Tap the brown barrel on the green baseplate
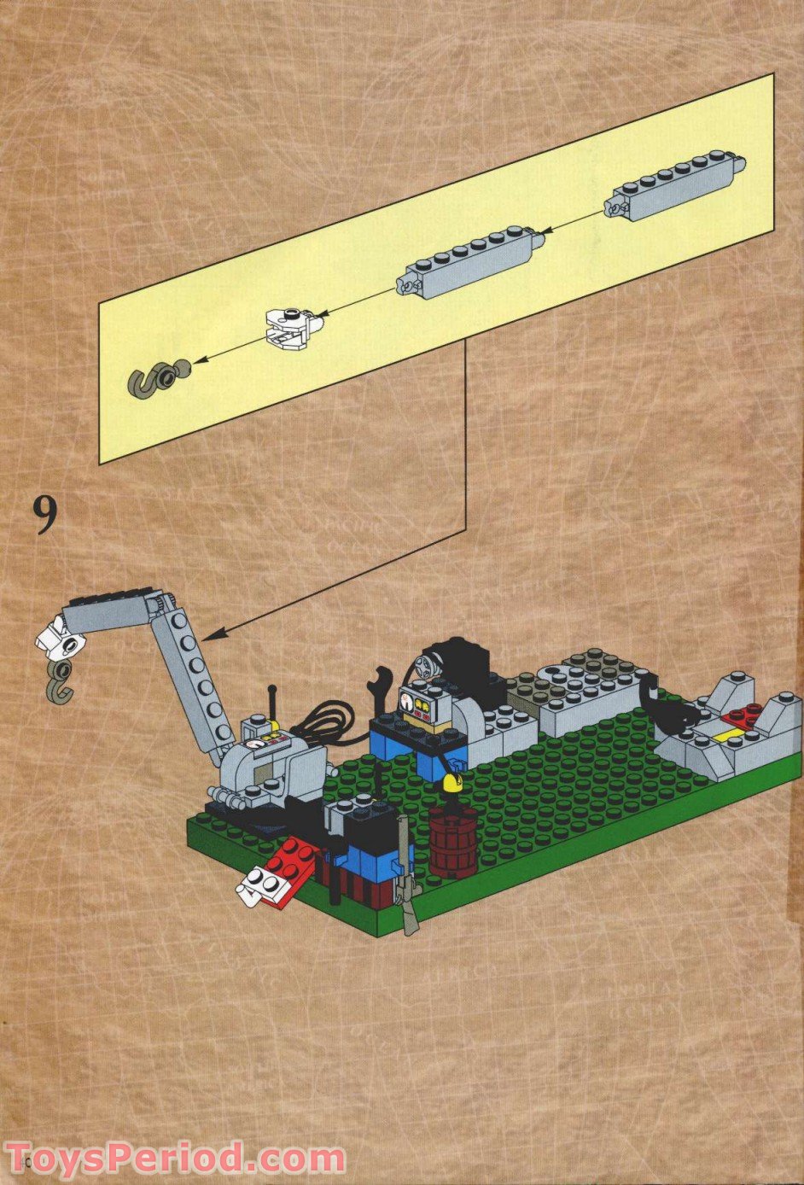coord(451,840)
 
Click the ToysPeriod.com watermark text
coord(175,1159)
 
